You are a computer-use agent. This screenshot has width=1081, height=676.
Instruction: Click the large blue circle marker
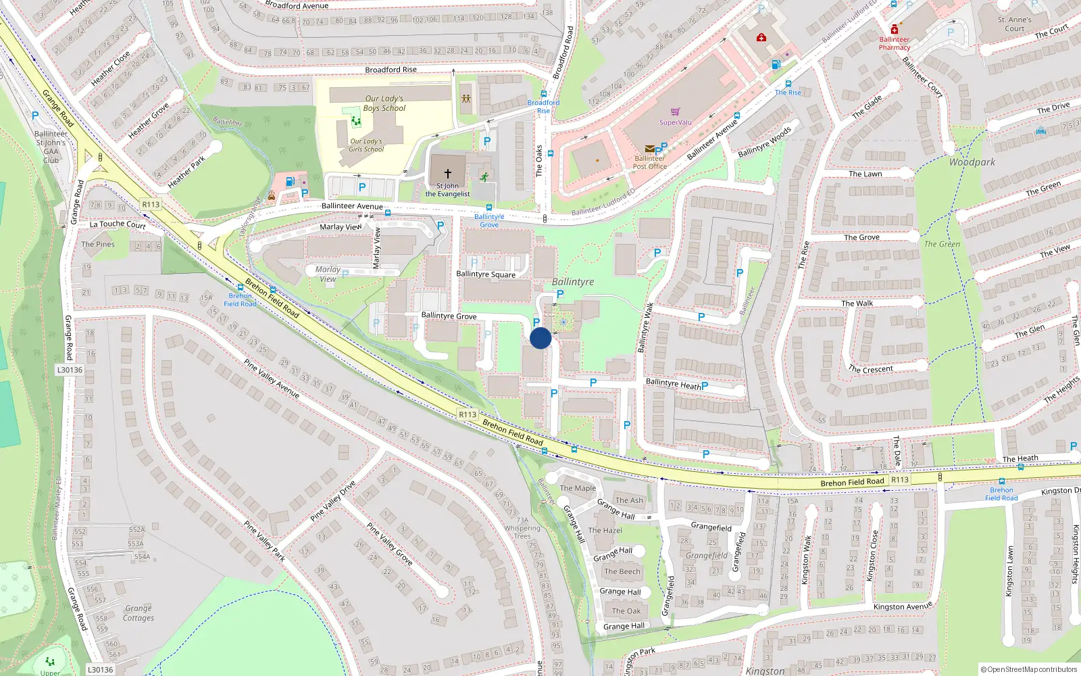[x=540, y=338]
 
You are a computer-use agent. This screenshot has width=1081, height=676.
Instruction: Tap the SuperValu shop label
[x=676, y=122]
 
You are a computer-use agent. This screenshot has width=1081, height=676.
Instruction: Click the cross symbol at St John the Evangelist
[x=447, y=174]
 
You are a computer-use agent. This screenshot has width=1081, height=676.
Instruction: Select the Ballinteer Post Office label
[x=649, y=162]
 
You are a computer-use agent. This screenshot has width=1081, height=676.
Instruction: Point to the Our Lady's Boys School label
[x=384, y=103]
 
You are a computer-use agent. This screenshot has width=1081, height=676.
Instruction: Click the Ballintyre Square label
[x=486, y=274]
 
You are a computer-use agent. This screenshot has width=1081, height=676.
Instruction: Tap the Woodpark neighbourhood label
[x=972, y=162]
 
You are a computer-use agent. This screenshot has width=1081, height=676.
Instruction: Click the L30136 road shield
[x=70, y=370]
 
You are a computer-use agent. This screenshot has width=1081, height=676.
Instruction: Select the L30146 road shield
[x=100, y=669]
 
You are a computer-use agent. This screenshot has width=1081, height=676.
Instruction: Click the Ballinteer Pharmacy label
[x=895, y=43]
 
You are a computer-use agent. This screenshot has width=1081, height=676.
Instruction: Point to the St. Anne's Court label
[x=1014, y=24]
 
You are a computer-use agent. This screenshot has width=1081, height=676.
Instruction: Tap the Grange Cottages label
[x=139, y=613]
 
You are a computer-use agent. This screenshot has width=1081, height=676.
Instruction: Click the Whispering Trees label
[x=522, y=532]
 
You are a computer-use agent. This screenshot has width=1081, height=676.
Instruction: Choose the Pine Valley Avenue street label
[x=272, y=379]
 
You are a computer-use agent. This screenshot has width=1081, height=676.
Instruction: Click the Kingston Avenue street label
[x=903, y=606]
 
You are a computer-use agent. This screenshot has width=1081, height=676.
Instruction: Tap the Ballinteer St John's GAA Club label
[x=51, y=147]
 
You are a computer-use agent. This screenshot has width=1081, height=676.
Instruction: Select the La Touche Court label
[x=118, y=224]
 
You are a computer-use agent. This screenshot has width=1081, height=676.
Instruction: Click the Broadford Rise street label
[x=391, y=70]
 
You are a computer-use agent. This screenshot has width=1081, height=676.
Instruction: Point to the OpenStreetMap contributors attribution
[x=1029, y=669]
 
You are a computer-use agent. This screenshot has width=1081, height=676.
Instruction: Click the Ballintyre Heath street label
[x=674, y=383]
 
